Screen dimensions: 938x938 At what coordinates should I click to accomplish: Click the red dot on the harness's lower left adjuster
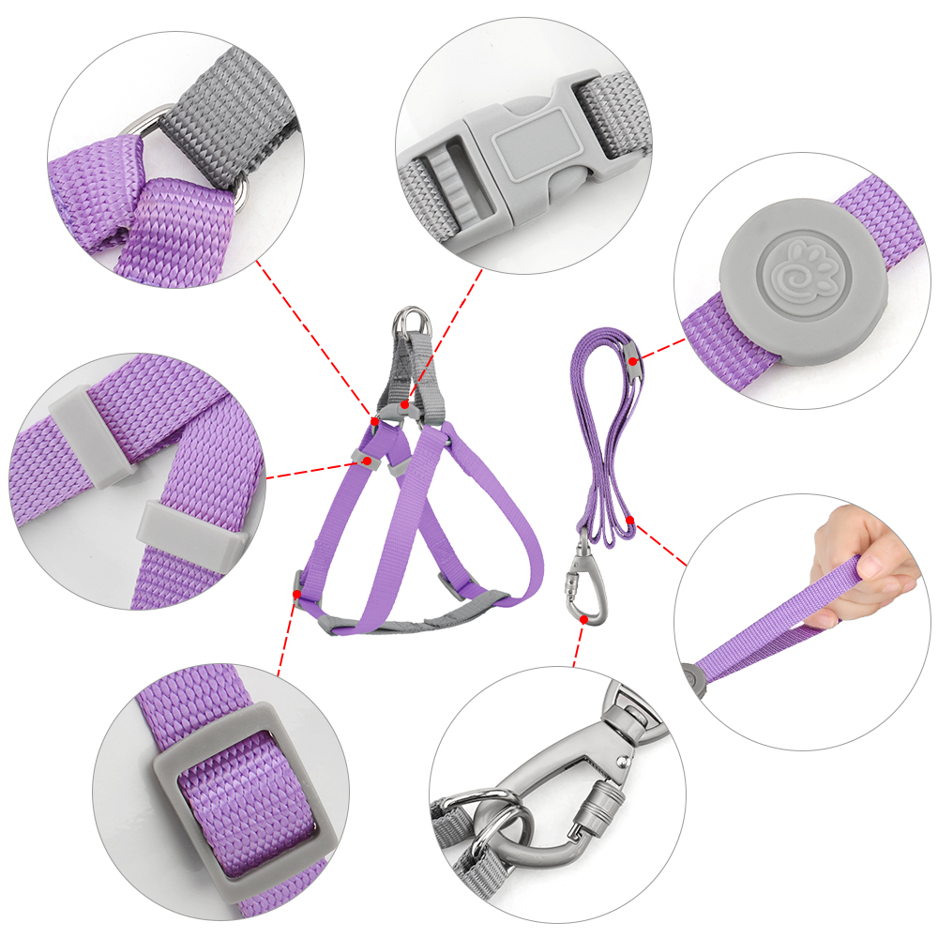tap(297, 594)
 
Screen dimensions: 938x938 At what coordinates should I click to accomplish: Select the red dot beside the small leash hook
tap(583, 619)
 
